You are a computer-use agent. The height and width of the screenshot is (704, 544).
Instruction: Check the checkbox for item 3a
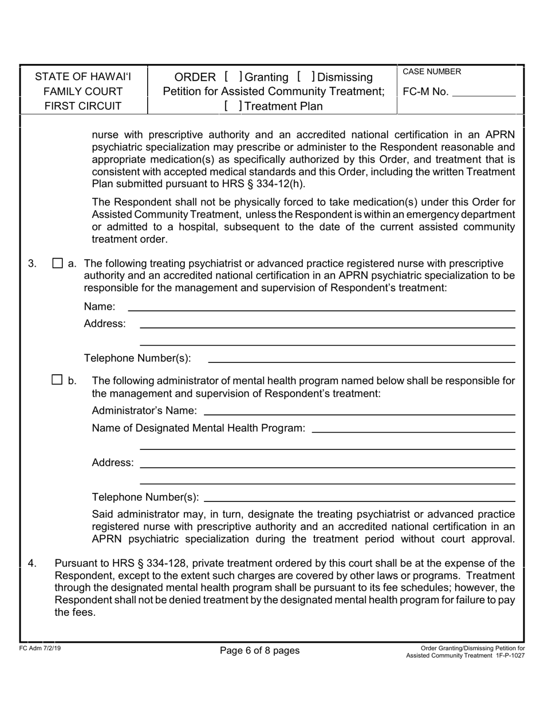click(x=57, y=264)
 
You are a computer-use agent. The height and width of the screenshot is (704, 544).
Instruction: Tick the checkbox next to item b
click(x=57, y=379)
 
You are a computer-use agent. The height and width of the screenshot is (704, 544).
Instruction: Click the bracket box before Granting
click(x=234, y=77)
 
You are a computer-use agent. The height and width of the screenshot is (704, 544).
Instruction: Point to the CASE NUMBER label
click(x=432, y=72)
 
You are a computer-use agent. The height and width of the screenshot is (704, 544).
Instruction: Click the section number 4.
click(x=33, y=564)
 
